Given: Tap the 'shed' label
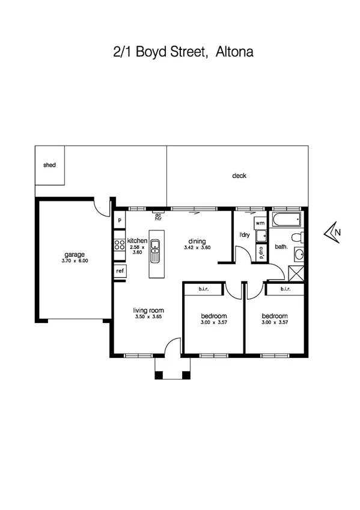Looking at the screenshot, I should (49, 165).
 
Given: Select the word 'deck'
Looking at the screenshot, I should (239, 176).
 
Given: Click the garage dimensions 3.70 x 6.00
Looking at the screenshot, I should (75, 261).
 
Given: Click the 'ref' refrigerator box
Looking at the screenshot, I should (120, 271).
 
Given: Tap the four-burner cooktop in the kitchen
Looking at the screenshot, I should (120, 244).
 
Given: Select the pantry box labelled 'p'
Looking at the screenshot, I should (120, 220).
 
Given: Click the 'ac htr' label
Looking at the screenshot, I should (159, 217).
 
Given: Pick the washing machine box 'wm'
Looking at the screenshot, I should (260, 223).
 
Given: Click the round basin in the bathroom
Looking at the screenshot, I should (299, 254).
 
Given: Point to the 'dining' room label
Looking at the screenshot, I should (197, 241).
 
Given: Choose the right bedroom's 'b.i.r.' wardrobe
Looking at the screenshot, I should (285, 289).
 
